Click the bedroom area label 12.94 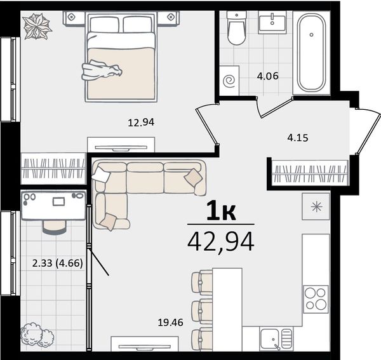pyautogui.click(x=141, y=123)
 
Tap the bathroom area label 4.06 pyautogui.click(x=267, y=76)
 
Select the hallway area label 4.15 pyautogui.click(x=298, y=138)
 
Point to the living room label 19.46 pyautogui.click(x=170, y=323)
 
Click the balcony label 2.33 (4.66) pyautogui.click(x=58, y=263)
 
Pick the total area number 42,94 pyautogui.click(x=221, y=242)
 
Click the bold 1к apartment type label pyautogui.click(x=221, y=211)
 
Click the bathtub pyautogui.click(x=312, y=53)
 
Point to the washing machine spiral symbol pyautogui.click(x=229, y=81)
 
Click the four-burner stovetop pyautogui.click(x=316, y=299)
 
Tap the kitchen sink pyautogui.click(x=276, y=338)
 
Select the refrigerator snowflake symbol pyautogui.click(x=317, y=207)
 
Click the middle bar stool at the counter pyautogui.click(x=202, y=311)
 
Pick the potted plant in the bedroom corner pyautogui.click(x=37, y=26)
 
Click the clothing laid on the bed pyautogui.click(x=102, y=70)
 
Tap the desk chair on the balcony pyautogui.click(x=55, y=227)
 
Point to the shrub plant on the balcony pyautogui.click(x=37, y=335)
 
